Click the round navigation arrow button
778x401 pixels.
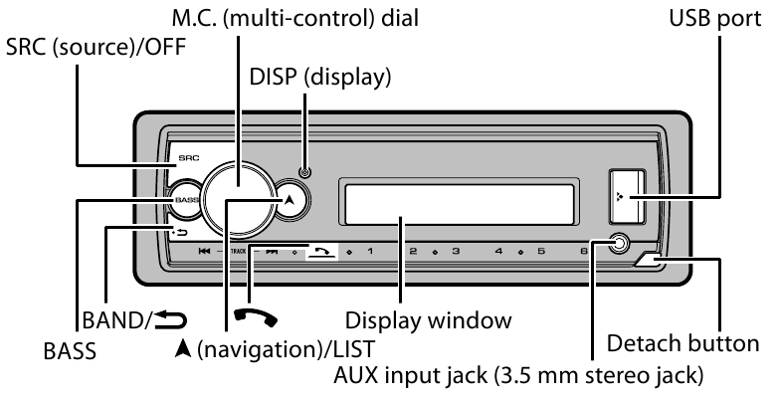(x=289, y=199)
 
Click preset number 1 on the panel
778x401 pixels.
(x=371, y=252)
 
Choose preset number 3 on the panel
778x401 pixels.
(x=455, y=252)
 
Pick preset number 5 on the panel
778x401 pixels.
(x=540, y=252)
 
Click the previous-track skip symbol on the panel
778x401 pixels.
(x=204, y=252)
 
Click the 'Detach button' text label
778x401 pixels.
(x=685, y=344)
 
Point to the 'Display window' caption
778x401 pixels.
(x=428, y=321)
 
